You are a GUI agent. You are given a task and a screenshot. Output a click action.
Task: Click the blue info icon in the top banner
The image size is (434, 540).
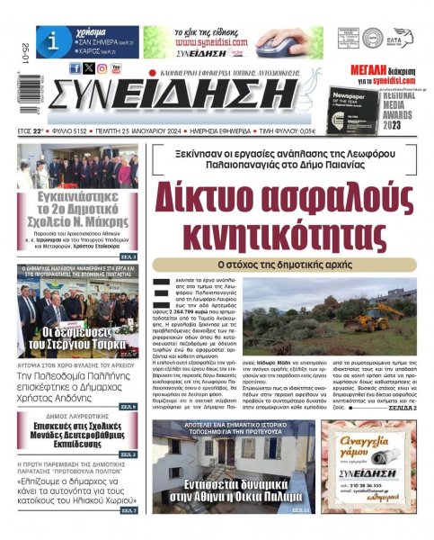tap(53, 41)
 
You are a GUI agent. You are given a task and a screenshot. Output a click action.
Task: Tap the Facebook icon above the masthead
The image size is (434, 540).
tap(75, 68)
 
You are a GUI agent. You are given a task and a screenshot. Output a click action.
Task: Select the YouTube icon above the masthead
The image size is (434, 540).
tap(117, 68)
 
